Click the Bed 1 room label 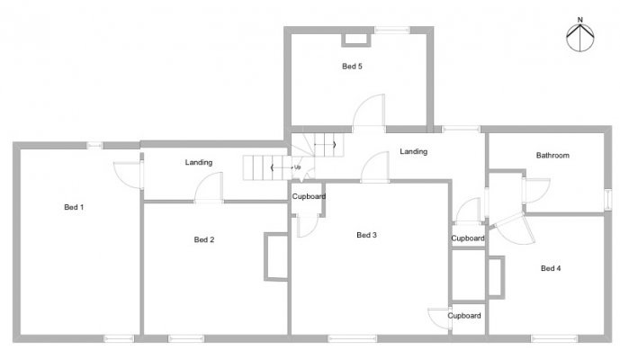tap(74, 207)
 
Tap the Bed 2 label tap(204, 239)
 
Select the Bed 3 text tap(366, 235)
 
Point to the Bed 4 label tap(551, 268)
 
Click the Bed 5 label tap(352, 66)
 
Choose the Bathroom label tap(553, 155)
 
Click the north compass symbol tap(580, 38)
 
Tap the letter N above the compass tap(580, 20)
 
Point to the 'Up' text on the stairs tap(297, 167)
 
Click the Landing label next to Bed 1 tap(199, 162)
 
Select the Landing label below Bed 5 tap(413, 151)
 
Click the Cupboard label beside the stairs tap(309, 196)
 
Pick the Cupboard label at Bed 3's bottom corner tap(464, 315)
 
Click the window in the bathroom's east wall tap(608, 199)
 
